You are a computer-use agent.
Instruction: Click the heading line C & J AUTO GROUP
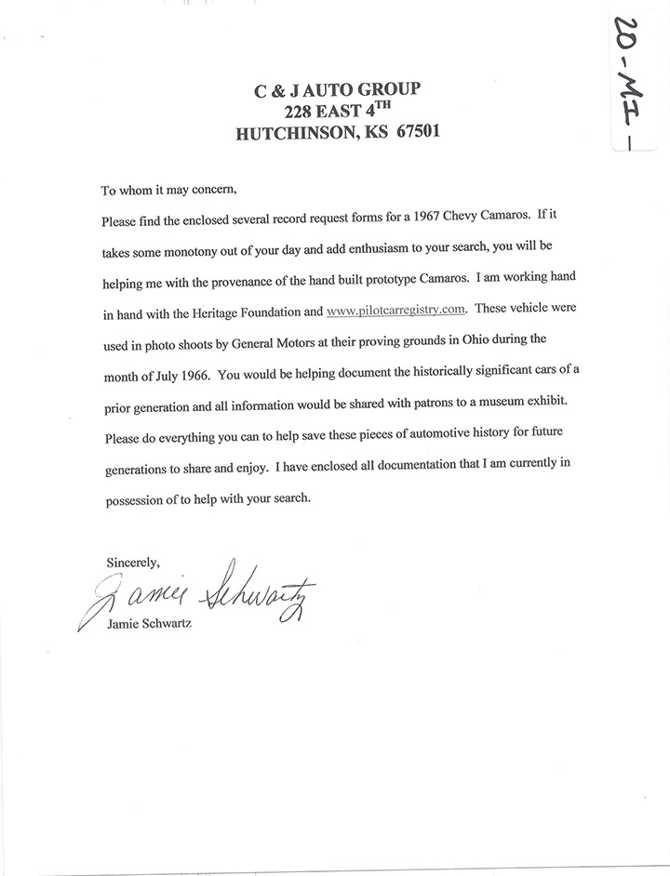337,89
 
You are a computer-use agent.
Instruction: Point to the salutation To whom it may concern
169,191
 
